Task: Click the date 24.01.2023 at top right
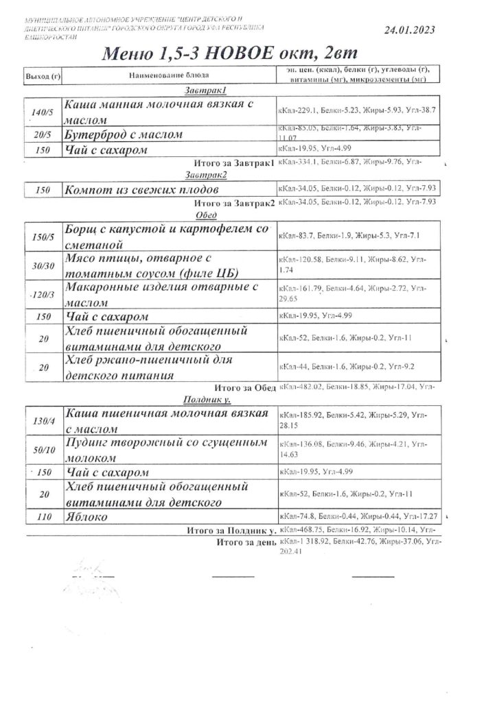coord(409,30)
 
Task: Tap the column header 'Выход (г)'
coord(43,74)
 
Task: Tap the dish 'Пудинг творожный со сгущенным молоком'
coord(165,450)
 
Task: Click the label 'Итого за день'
coord(245,542)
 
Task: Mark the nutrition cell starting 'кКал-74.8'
coord(357,518)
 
